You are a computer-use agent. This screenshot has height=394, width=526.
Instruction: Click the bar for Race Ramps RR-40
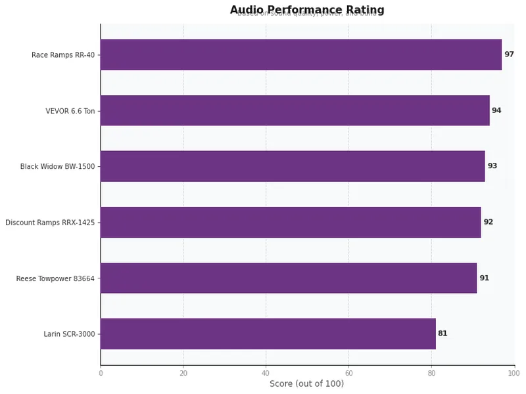(300, 55)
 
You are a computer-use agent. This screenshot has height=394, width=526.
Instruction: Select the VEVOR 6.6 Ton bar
(295, 110)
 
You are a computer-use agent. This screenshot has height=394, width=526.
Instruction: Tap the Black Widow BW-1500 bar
(293, 166)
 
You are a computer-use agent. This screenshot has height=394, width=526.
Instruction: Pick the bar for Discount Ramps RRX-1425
(291, 222)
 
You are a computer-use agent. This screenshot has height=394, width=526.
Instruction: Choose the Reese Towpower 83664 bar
(288, 278)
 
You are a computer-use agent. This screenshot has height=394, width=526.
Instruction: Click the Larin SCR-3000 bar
(268, 334)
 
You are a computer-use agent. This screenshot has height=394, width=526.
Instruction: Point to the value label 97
(509, 55)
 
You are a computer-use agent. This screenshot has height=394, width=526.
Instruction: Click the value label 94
(496, 110)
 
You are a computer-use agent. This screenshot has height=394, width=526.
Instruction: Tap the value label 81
(442, 334)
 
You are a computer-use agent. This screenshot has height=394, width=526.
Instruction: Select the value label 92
(488, 222)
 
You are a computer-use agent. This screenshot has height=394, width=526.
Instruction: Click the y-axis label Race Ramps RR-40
(63, 55)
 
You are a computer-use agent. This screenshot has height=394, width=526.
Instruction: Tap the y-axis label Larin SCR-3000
(69, 334)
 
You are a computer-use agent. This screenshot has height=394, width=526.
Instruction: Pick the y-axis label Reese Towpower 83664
(55, 278)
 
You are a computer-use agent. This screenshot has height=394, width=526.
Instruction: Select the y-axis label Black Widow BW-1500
(57, 167)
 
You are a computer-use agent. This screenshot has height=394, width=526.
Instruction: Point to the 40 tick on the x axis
(266, 374)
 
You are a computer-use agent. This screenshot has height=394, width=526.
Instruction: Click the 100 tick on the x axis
(514, 374)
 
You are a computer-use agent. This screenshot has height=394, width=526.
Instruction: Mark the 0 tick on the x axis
(101, 374)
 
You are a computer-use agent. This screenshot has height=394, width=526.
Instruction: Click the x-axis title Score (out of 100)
(306, 384)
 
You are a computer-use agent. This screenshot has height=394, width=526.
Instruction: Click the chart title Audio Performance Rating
(307, 10)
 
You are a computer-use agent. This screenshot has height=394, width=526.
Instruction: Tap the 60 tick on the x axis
(348, 374)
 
